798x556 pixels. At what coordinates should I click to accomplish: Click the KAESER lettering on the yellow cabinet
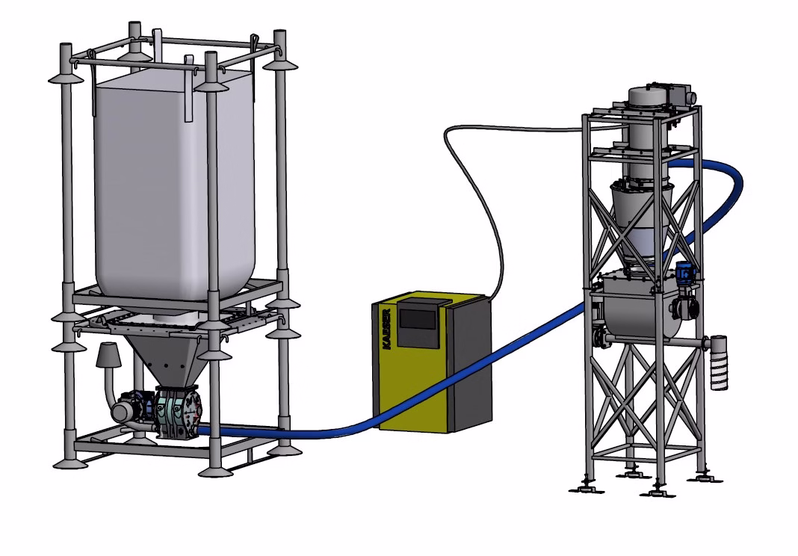point(386,329)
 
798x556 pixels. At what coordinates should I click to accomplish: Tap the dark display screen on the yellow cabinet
point(418,319)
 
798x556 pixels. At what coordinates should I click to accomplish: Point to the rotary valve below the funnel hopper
point(177,412)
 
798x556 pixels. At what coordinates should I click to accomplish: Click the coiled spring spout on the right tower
point(718,362)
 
